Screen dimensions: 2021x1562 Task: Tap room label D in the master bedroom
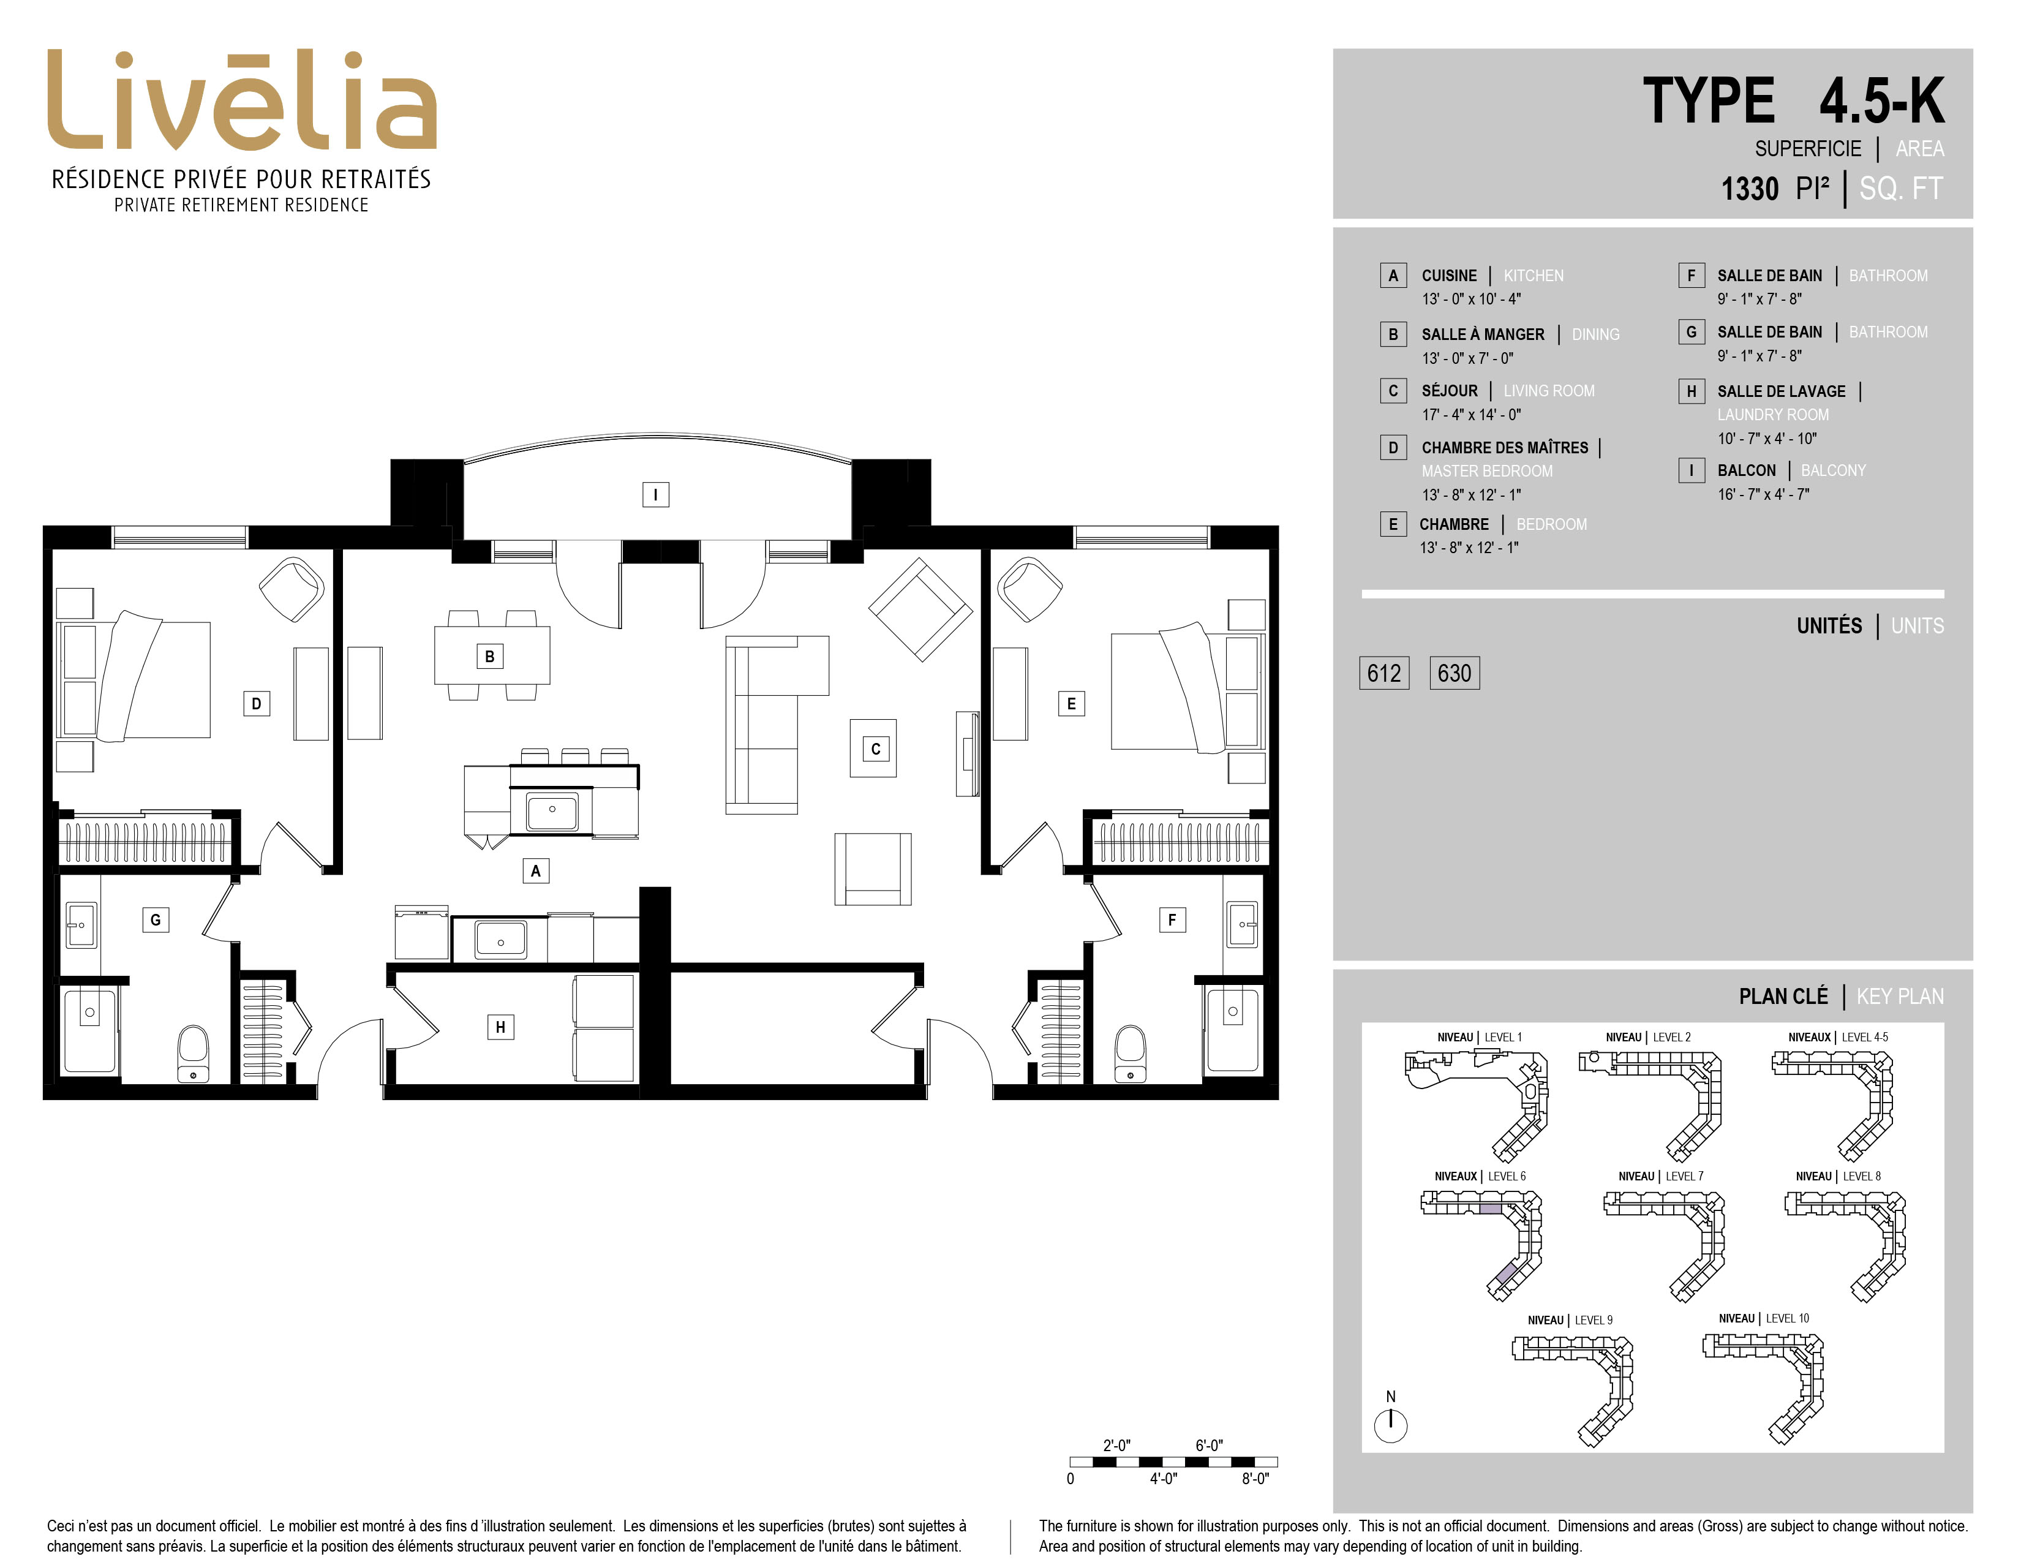coord(257,703)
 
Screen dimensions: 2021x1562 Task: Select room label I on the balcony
coord(655,494)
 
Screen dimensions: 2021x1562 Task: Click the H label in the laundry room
coord(500,1026)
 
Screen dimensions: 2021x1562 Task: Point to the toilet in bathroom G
coord(194,1053)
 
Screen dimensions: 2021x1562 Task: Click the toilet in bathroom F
coord(1130,1053)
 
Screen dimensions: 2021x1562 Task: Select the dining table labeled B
coord(491,655)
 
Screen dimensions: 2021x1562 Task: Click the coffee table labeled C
coord(873,748)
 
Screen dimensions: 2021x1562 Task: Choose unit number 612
coord(1384,673)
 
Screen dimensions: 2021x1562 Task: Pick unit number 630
coord(1455,673)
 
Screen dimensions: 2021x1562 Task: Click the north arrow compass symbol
coord(1391,1425)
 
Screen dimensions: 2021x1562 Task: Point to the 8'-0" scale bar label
coord(1255,1479)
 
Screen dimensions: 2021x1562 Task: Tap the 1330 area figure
coord(1750,189)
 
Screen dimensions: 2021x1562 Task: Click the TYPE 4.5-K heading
coord(1793,101)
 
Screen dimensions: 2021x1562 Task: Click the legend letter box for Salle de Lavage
coord(1692,391)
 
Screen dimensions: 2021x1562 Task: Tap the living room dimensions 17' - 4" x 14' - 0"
coord(1471,415)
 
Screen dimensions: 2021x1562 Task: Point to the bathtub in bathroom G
coord(90,1032)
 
